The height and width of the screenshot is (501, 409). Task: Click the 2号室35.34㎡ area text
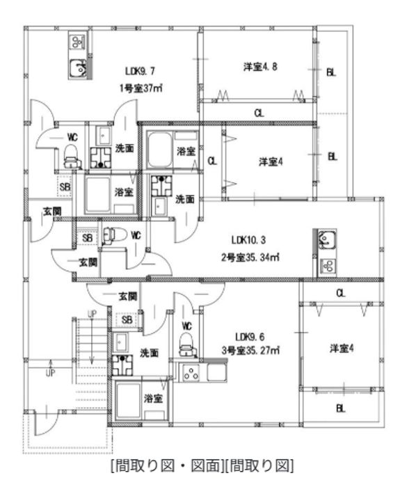(248, 257)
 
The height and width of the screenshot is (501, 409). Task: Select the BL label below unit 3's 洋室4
(340, 409)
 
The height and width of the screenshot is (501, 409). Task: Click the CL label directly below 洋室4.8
(258, 113)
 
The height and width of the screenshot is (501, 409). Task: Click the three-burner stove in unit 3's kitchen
(190, 373)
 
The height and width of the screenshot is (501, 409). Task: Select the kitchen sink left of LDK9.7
(77, 68)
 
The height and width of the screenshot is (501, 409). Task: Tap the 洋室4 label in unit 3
(340, 349)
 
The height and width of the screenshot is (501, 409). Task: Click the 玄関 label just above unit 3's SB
(127, 296)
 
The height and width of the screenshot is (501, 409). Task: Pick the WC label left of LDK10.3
(136, 237)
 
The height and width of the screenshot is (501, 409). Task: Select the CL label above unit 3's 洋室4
(340, 293)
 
